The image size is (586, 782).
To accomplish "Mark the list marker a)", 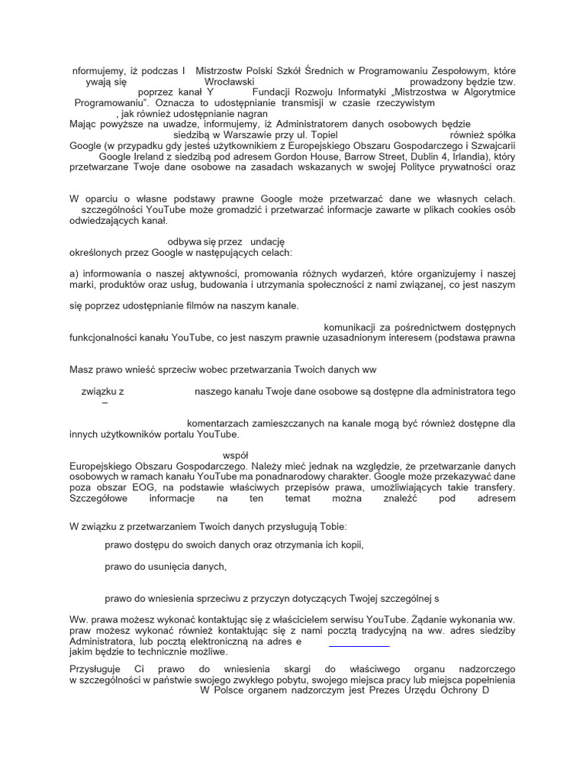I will (x=74, y=273).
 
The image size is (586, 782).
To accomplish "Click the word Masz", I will (x=82, y=370).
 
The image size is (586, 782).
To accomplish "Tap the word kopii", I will (x=349, y=544).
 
